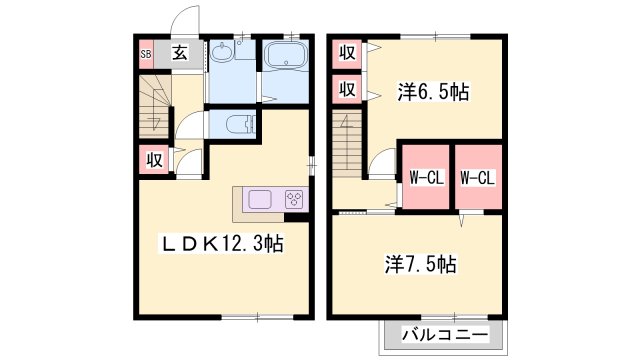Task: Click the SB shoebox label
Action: click(x=145, y=54)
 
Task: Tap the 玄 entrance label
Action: click(x=179, y=54)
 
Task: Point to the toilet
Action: click(x=236, y=125)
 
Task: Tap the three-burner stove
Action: click(x=295, y=199)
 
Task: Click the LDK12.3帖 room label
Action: click(x=223, y=243)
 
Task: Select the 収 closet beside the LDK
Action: click(x=154, y=159)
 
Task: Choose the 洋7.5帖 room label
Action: click(x=421, y=265)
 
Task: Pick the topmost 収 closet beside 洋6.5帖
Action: click(x=347, y=52)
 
